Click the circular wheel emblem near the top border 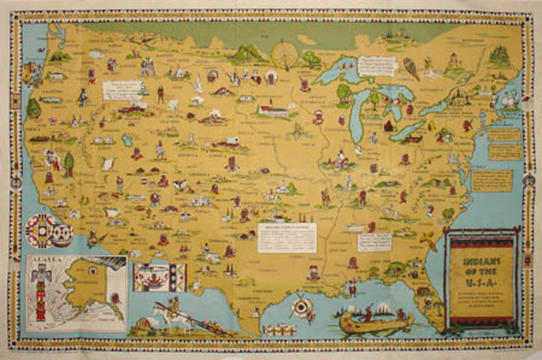tap(284, 54)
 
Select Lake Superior tap(339, 73)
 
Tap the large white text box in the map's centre tap(287, 237)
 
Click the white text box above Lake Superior tap(376, 65)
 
